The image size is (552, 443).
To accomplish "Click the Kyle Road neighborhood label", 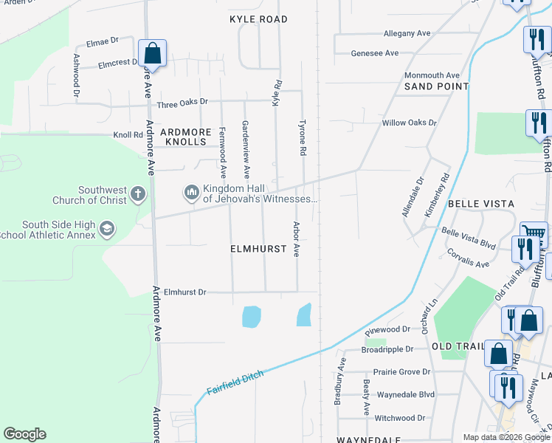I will point(258,18).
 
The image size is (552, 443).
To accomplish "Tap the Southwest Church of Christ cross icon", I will point(137,194).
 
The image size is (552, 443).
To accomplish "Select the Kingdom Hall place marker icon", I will point(192,193).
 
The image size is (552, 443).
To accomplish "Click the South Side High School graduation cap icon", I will point(108,229).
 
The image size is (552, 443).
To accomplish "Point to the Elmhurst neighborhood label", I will point(258,250).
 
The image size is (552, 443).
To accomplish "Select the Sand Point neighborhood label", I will point(436,86).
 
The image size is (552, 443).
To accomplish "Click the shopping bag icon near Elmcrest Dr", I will point(152,53).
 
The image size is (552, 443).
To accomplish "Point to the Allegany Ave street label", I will point(407,34).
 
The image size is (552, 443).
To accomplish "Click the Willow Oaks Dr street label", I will point(409,123).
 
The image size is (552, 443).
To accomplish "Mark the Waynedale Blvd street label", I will point(406,395).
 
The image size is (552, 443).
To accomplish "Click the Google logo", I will point(24,434).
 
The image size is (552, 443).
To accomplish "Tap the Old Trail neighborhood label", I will point(457,347).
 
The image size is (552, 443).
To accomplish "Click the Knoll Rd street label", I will point(128,135).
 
